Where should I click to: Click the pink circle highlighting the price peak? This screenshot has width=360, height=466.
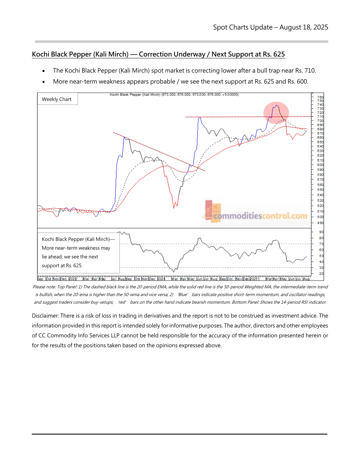(276, 113)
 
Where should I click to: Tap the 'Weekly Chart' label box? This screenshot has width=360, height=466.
(57, 99)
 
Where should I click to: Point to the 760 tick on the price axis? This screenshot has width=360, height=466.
(320, 97)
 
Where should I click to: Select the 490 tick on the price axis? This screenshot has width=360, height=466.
(320, 223)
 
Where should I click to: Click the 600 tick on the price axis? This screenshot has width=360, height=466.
(320, 165)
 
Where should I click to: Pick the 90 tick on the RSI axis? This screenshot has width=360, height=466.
(321, 232)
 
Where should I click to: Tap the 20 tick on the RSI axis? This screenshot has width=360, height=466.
(321, 274)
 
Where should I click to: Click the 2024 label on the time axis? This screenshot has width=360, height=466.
(161, 279)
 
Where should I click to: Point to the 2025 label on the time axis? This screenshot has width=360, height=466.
(254, 279)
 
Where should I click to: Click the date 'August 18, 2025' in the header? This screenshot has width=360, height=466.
(304, 27)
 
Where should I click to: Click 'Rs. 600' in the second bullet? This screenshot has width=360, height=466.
(298, 82)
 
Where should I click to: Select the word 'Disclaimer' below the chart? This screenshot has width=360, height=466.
(45, 316)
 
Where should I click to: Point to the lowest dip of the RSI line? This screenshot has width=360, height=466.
(174, 272)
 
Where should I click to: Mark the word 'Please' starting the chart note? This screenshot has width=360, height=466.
(39, 287)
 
